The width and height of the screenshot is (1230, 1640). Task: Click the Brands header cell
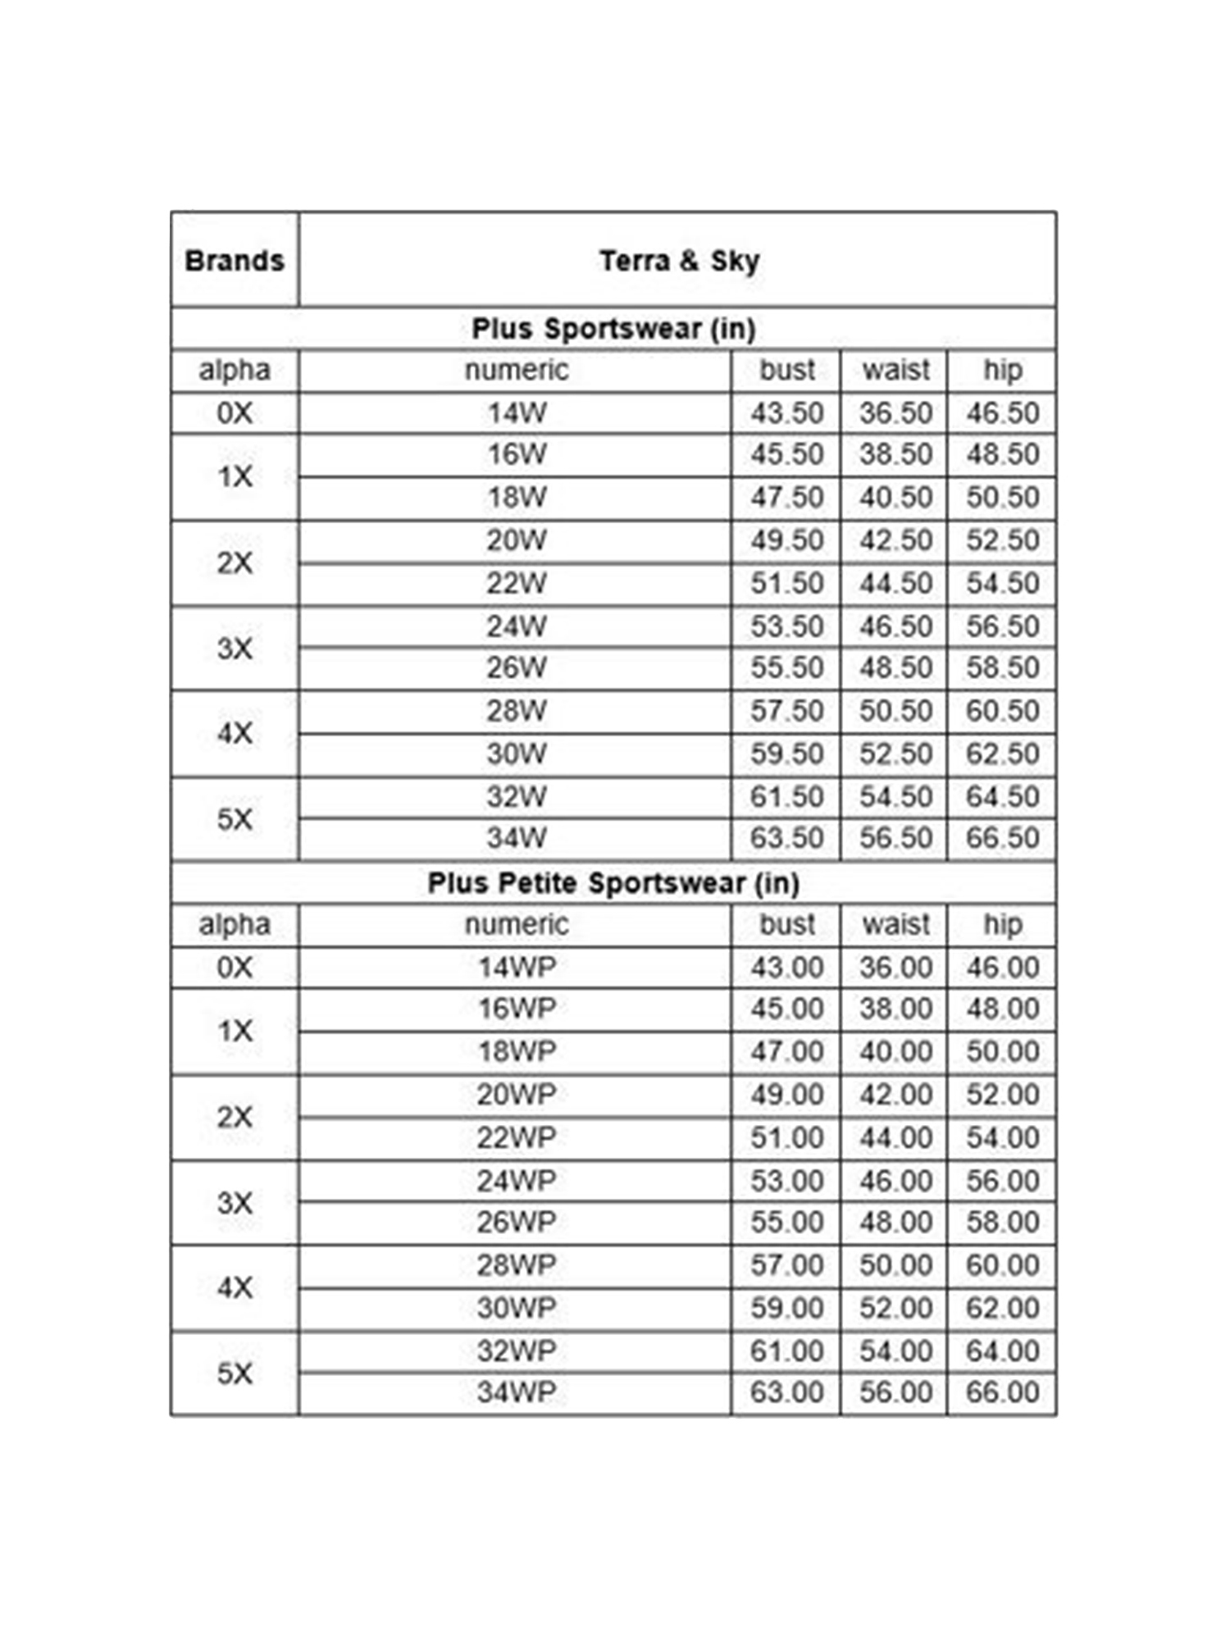(235, 261)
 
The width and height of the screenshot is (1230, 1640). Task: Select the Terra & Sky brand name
(679, 261)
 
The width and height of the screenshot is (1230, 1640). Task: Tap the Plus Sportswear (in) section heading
(613, 329)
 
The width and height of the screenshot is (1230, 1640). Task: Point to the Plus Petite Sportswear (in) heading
(613, 883)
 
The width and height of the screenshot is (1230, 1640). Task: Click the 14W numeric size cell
(516, 413)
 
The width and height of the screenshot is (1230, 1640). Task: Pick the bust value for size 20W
(786, 540)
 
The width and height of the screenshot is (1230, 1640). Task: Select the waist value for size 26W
(895, 667)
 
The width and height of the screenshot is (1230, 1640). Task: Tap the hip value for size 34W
(1002, 838)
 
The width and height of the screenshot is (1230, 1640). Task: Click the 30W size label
(516, 754)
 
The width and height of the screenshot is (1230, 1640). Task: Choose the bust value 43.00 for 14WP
(786, 968)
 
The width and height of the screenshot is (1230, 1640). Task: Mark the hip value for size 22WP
(1002, 1137)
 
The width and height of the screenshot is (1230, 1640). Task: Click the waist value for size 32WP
(895, 1351)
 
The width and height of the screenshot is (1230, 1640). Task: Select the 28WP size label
(516, 1264)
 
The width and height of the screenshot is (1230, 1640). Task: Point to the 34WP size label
(516, 1392)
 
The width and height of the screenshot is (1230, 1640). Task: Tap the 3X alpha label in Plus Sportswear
(235, 649)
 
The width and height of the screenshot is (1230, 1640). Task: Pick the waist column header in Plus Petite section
(895, 925)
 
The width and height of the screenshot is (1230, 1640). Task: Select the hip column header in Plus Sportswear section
(1002, 371)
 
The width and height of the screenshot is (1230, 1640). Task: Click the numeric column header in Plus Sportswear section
(516, 371)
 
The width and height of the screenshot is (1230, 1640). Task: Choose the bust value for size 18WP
(786, 1051)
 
